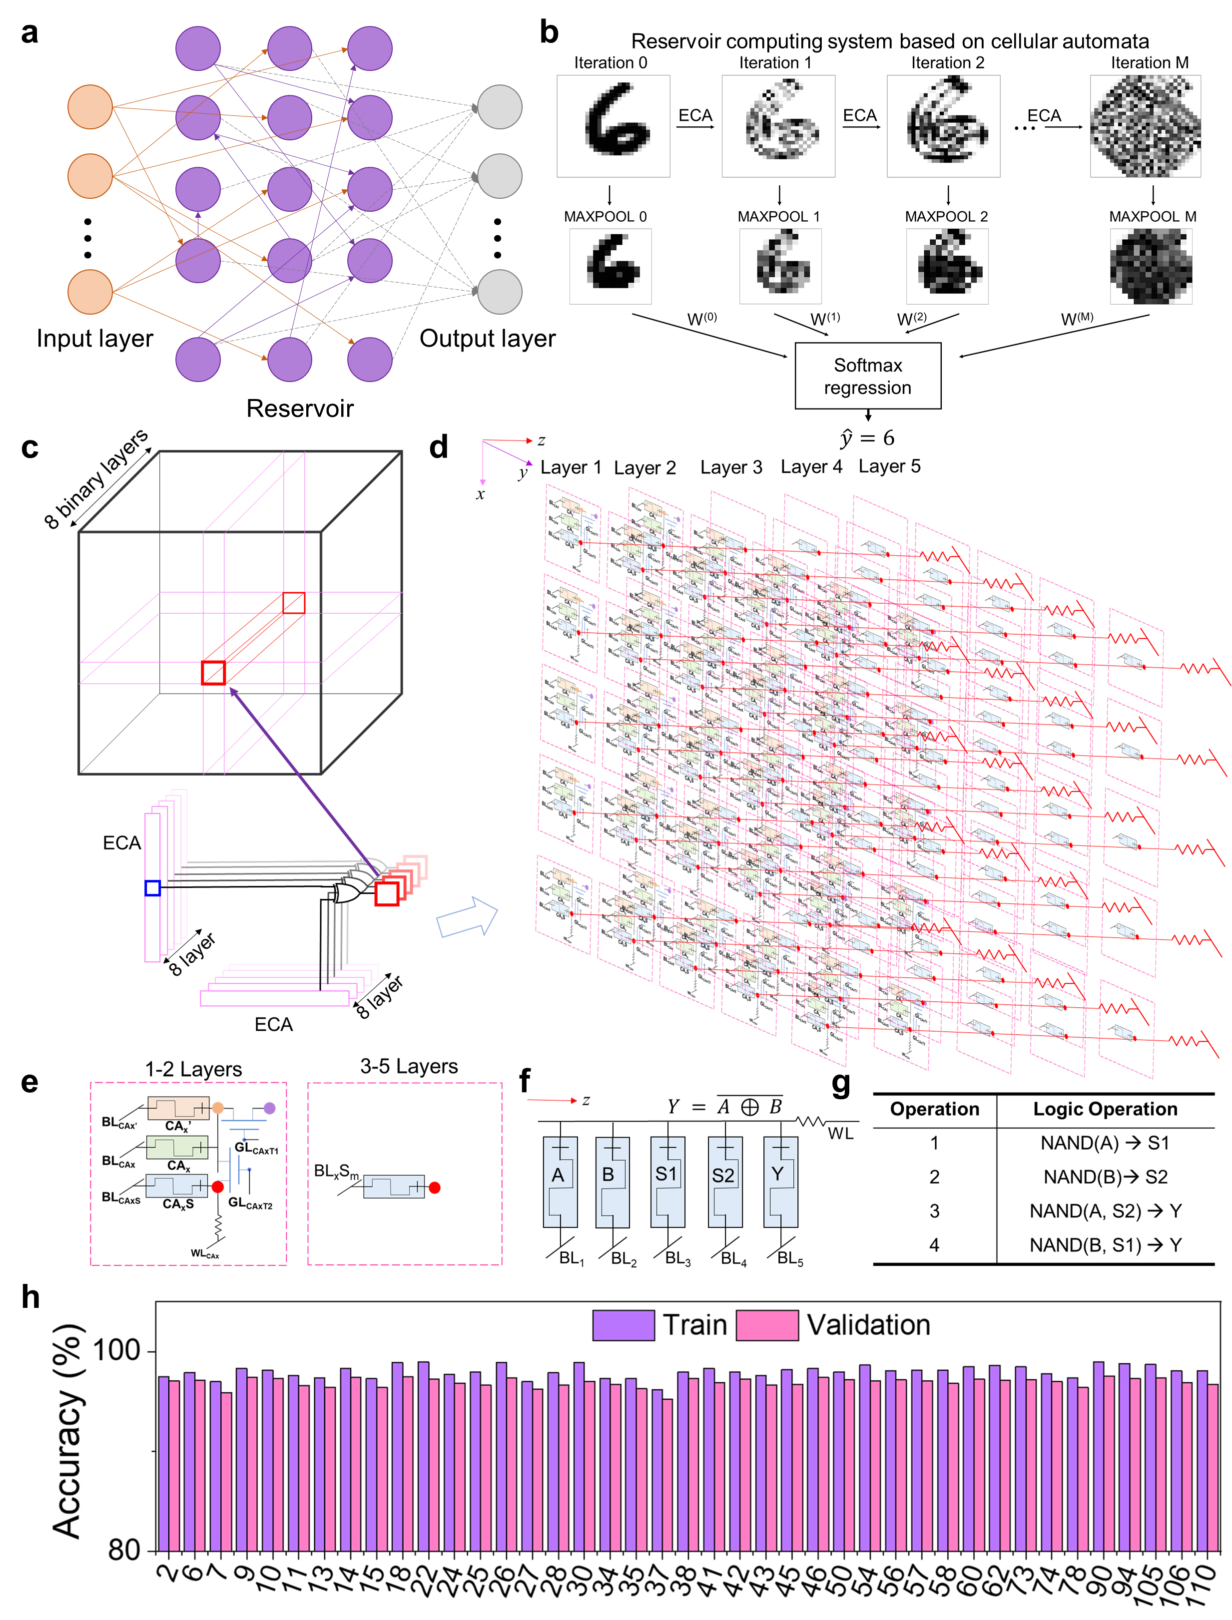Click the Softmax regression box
[x=867, y=376]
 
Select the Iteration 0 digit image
[x=613, y=126]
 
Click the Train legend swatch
[x=623, y=1325]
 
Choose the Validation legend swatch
[x=767, y=1325]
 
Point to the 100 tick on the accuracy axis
[x=117, y=1350]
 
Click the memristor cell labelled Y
[x=780, y=1182]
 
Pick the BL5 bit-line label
[x=790, y=1258]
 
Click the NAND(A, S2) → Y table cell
[x=1105, y=1211]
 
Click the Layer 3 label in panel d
[x=731, y=468]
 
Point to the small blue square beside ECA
[x=152, y=888]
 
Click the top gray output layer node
[x=500, y=107]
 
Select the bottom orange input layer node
[x=90, y=292]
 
